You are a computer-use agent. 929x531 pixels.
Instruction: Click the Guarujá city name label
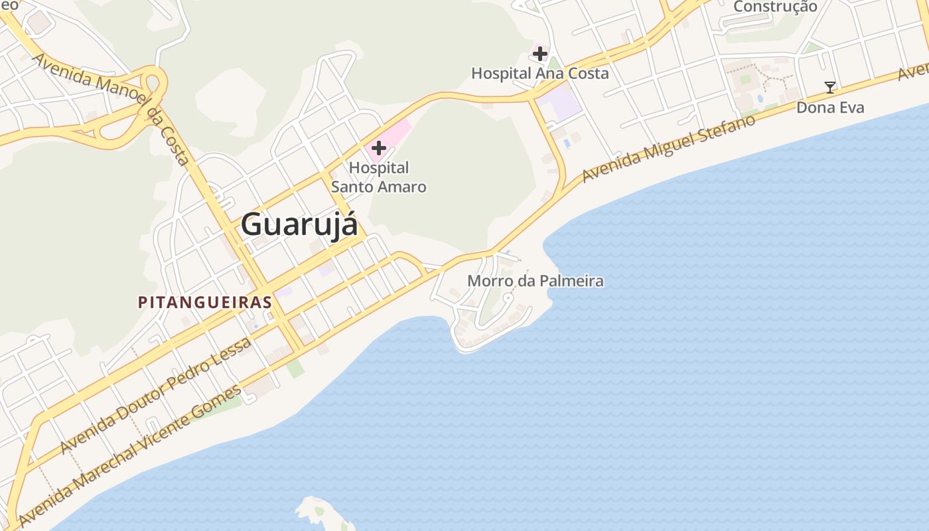point(299,224)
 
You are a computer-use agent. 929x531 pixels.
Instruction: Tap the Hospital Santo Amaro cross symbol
point(379,147)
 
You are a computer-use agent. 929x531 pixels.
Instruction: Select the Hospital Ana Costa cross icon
point(540,53)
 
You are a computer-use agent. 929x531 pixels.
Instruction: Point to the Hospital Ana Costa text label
point(539,73)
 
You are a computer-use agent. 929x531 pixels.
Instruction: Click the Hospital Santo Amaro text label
point(379,177)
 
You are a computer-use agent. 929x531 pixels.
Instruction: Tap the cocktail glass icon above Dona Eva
point(829,87)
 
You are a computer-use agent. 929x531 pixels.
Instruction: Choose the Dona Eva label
point(830,107)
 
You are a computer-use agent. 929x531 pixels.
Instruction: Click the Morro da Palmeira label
point(536,281)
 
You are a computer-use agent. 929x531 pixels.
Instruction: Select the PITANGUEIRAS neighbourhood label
point(204,302)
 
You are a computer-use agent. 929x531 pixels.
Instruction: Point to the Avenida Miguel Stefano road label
point(669,149)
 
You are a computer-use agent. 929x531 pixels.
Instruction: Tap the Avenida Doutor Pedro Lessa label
point(156,395)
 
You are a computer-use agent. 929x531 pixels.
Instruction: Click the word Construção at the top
point(775,7)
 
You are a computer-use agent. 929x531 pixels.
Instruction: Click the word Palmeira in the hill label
point(571,281)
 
